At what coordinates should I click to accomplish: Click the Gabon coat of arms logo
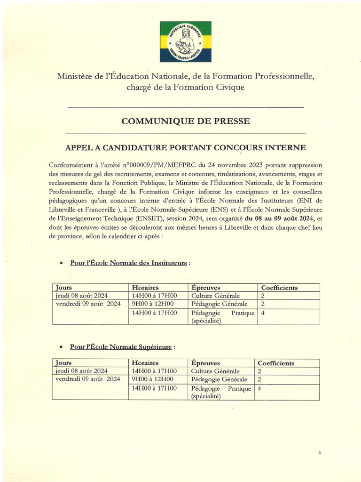coord(185,42)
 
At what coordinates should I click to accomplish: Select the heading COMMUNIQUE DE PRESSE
coord(185,121)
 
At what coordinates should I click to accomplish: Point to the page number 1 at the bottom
coord(320,453)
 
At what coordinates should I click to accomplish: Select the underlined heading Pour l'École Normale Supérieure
coord(121,347)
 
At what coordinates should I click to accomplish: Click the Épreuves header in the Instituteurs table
coord(205,288)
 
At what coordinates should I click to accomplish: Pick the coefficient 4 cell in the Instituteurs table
coord(262,313)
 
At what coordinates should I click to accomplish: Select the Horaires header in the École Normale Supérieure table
coord(145,363)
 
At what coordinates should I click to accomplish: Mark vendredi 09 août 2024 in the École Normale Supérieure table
coord(88,379)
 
